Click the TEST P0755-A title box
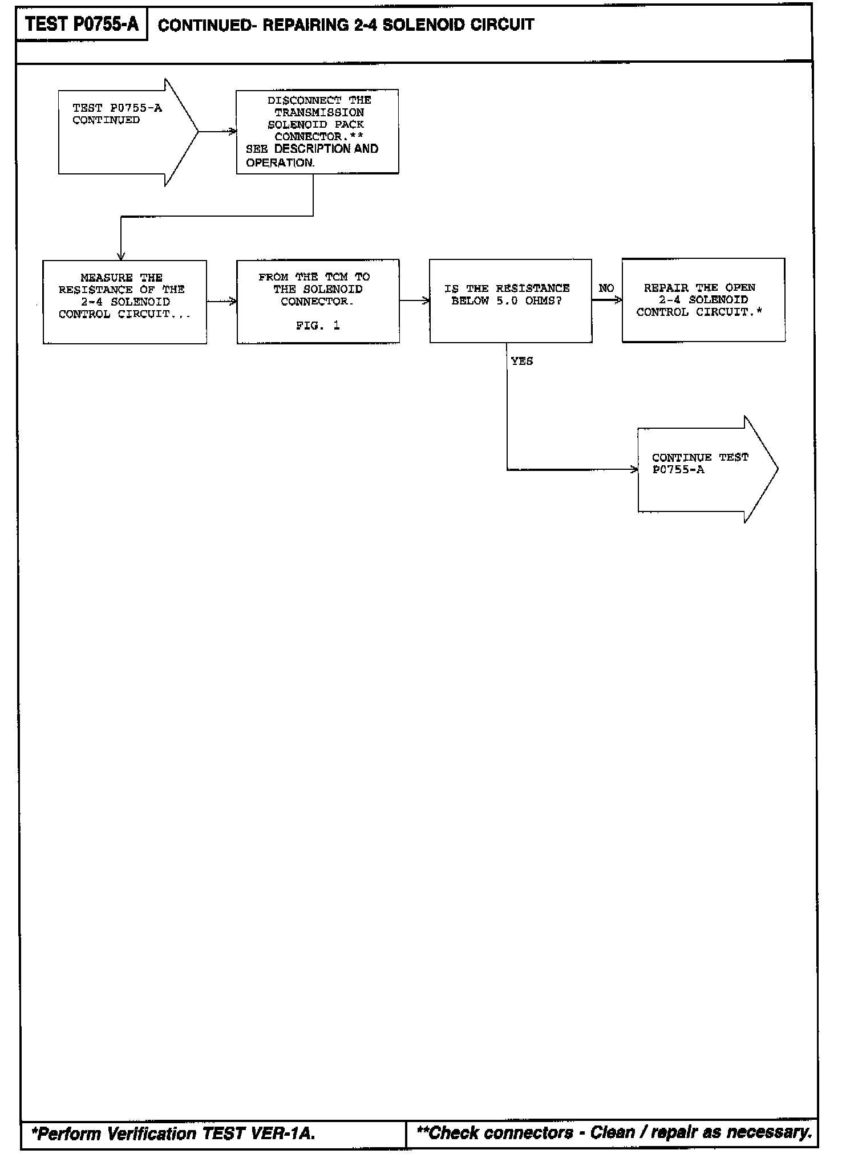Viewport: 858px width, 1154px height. point(82,25)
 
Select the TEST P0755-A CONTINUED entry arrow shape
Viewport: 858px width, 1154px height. point(126,132)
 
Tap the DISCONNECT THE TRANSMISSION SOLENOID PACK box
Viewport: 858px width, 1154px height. point(317,132)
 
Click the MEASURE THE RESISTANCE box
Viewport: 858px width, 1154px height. point(124,302)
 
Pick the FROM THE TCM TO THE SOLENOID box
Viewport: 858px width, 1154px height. point(318,302)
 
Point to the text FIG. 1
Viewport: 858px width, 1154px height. point(318,326)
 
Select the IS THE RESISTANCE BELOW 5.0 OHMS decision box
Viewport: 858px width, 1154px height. point(510,301)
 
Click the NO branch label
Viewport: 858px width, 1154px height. point(606,288)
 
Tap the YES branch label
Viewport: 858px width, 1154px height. point(522,361)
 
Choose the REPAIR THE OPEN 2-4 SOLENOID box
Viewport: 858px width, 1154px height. point(703,300)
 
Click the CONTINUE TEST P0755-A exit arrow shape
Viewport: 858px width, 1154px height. point(705,469)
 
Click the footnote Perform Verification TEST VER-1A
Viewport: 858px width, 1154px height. point(173,1133)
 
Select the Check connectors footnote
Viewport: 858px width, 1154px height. point(614,1132)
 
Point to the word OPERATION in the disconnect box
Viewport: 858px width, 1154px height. point(280,162)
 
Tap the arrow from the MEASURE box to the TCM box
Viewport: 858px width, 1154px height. point(221,301)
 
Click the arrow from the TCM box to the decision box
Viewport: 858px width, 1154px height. point(414,300)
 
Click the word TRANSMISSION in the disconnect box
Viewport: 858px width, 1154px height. point(319,112)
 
